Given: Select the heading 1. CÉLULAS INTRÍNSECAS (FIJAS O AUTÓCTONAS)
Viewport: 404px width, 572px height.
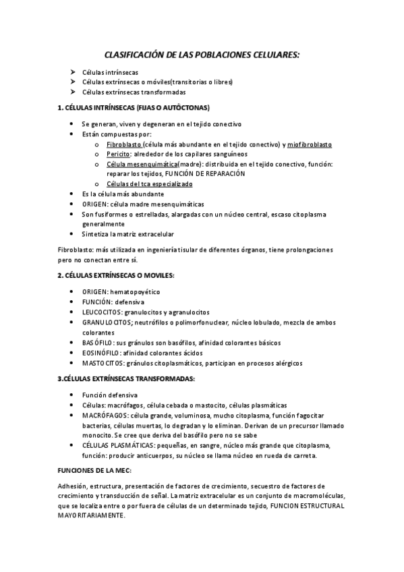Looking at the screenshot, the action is pyautogui.click(x=134, y=107).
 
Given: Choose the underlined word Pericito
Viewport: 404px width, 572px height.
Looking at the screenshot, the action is pyautogui.click(x=119, y=154).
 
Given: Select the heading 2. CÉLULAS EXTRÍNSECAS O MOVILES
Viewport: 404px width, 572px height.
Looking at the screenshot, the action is pyautogui.click(x=116, y=275).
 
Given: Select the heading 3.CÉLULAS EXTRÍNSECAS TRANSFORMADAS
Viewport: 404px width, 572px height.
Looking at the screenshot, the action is pyautogui.click(x=126, y=378).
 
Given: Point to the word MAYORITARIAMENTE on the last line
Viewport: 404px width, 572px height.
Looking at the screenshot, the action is pyautogui.click(x=92, y=515).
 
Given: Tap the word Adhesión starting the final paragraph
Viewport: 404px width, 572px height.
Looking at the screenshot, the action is pyautogui.click(x=72, y=486).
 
